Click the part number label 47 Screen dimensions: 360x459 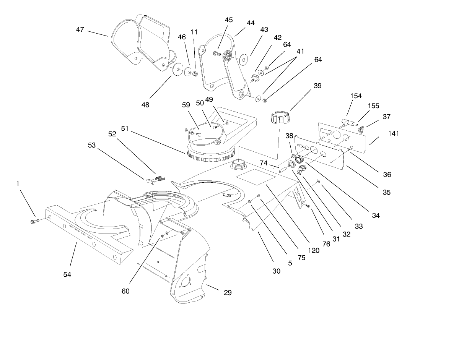pyautogui.click(x=80, y=29)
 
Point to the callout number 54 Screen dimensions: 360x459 pyautogui.click(x=67, y=274)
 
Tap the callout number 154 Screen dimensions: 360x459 pyautogui.click(x=356, y=96)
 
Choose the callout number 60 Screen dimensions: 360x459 pyautogui.click(x=125, y=291)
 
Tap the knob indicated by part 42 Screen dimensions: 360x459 pyautogui.click(x=255, y=78)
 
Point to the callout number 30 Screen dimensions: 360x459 pyautogui.click(x=276, y=271)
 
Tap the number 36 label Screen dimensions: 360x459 pyautogui.click(x=387, y=174)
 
